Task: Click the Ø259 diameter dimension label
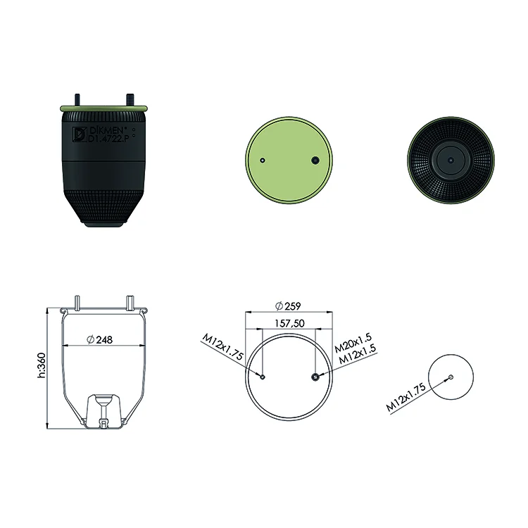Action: pyautogui.click(x=288, y=306)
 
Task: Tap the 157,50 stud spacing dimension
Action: pyautogui.click(x=289, y=323)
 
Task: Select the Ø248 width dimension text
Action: pyautogui.click(x=100, y=340)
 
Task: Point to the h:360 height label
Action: pyautogui.click(x=41, y=365)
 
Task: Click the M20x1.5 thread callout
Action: pyautogui.click(x=353, y=342)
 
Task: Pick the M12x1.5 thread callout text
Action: pyautogui.click(x=357, y=354)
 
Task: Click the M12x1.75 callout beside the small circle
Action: pyautogui.click(x=406, y=397)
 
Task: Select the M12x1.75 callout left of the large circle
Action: pyautogui.click(x=222, y=346)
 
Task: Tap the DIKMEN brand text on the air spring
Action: pyautogui.click(x=108, y=131)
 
